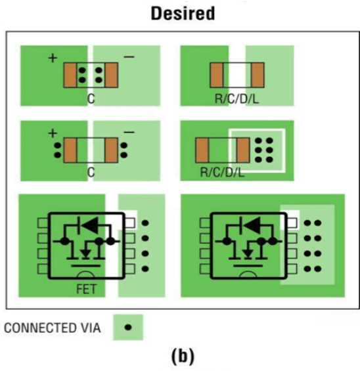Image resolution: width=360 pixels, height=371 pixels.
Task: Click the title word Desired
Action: pyautogui.click(x=183, y=14)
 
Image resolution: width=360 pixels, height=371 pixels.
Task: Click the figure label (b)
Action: pyautogui.click(x=183, y=357)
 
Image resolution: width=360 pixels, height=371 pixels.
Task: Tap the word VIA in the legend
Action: pyautogui.click(x=90, y=328)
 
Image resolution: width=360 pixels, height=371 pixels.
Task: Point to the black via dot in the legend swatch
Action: pyautogui.click(x=128, y=327)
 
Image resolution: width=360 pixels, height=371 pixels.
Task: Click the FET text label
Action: pyautogui.click(x=87, y=289)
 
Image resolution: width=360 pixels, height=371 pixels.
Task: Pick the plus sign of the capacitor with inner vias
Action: pyautogui.click(x=53, y=58)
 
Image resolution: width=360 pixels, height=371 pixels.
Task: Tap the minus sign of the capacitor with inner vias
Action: pyautogui.click(x=129, y=56)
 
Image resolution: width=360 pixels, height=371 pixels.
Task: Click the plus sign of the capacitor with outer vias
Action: pyautogui.click(x=53, y=133)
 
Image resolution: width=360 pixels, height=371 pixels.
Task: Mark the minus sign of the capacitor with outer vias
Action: pyautogui.click(x=129, y=132)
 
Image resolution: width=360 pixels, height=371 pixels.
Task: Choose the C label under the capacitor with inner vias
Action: pyautogui.click(x=91, y=99)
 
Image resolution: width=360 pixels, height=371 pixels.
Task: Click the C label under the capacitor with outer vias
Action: pyautogui.click(x=91, y=172)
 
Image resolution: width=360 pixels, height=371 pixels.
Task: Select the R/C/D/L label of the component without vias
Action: pyautogui.click(x=236, y=99)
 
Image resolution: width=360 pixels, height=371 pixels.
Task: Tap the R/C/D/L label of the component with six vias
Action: pyautogui.click(x=222, y=172)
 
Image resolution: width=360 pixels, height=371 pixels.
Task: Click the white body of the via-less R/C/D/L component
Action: pyautogui.click(x=237, y=75)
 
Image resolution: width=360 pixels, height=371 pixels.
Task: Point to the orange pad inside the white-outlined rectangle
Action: pyautogui.click(x=243, y=150)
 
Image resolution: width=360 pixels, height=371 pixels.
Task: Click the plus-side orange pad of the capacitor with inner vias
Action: pyautogui.click(x=70, y=75)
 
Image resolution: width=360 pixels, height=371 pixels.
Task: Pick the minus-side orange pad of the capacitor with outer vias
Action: pyautogui.click(x=111, y=150)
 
